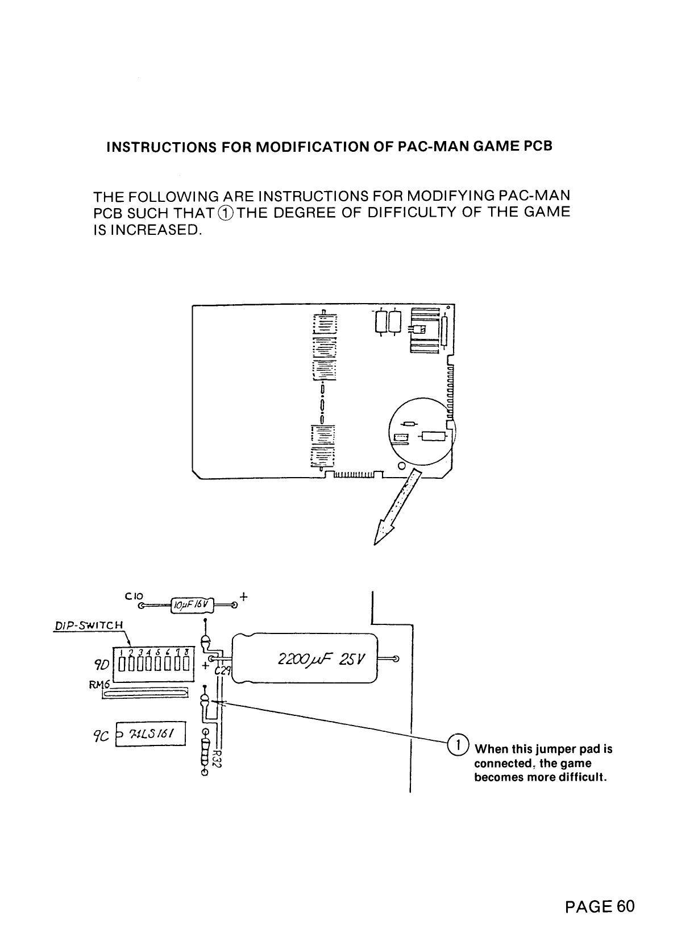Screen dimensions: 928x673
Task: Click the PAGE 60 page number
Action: [599, 905]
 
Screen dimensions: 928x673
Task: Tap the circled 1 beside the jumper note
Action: [458, 743]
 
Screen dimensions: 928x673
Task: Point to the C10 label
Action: [130, 596]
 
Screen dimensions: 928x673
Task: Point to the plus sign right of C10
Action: [244, 597]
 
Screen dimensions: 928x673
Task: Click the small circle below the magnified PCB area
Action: [402, 466]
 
